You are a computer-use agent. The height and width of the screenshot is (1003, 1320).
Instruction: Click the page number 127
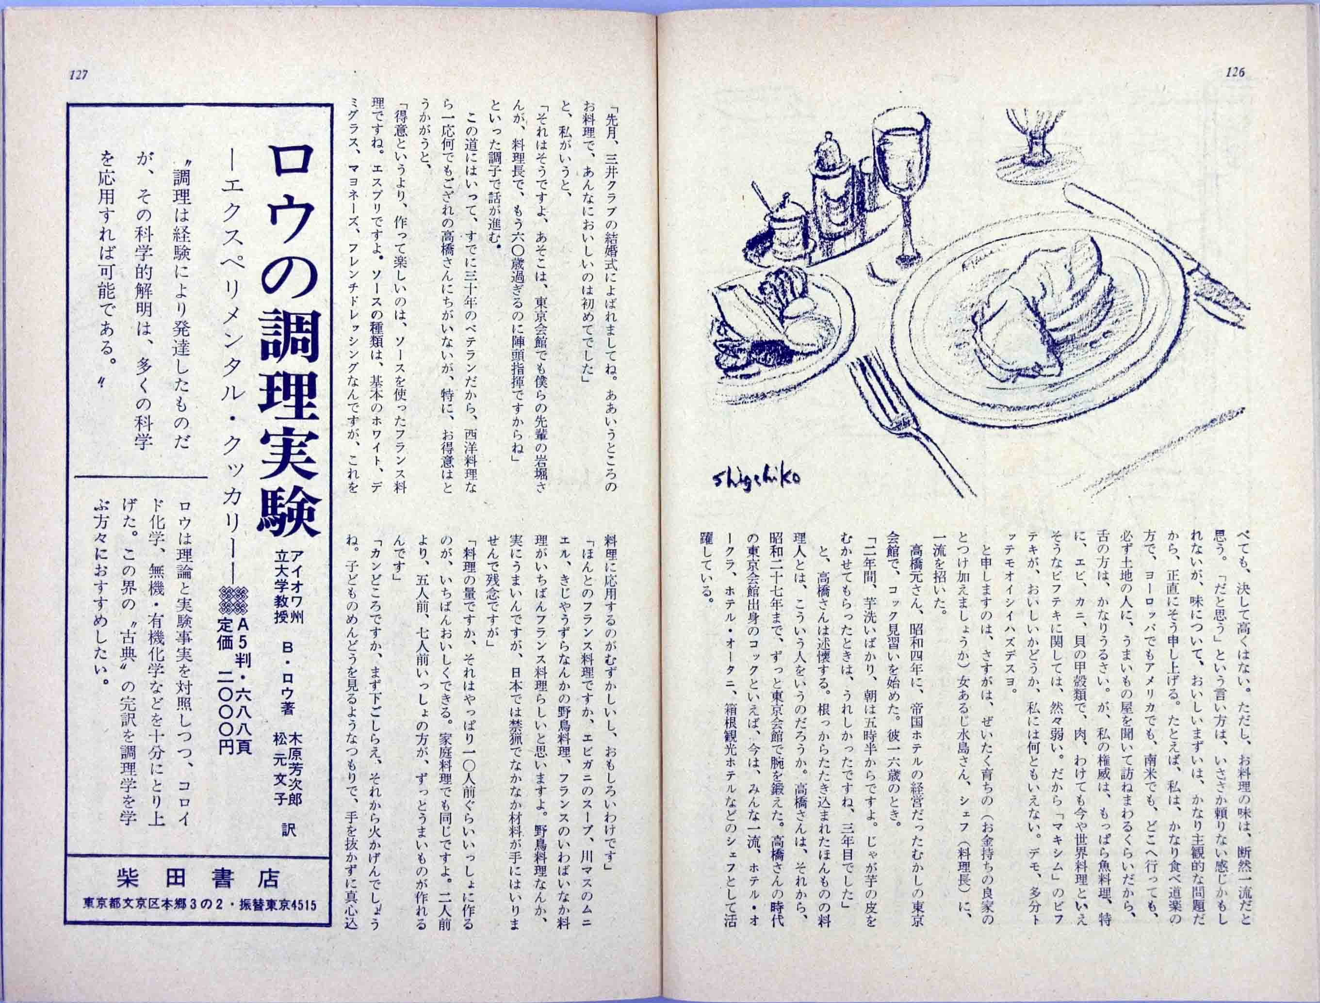point(79,75)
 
